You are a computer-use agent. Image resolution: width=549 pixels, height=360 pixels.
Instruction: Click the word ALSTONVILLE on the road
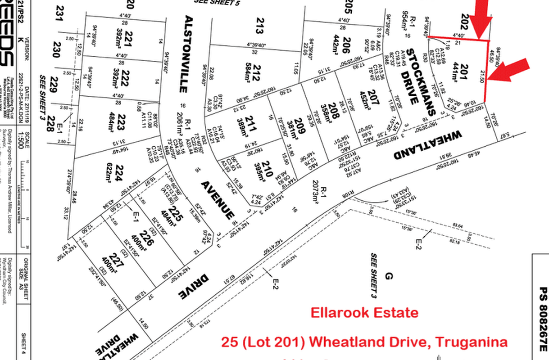point(189,54)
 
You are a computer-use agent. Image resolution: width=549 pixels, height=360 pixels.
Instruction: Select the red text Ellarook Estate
point(364,312)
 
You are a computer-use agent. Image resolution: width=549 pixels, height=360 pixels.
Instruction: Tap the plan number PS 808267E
point(543,319)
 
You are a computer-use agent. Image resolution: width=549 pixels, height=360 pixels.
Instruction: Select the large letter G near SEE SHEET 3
point(390,276)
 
